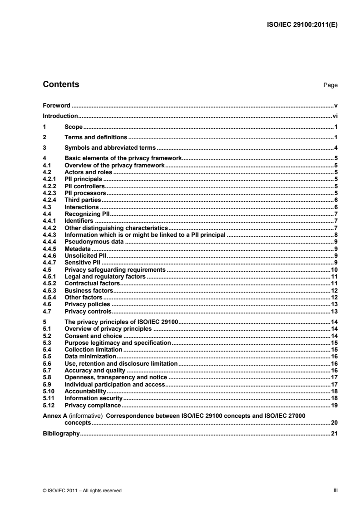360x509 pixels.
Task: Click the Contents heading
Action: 60,84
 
